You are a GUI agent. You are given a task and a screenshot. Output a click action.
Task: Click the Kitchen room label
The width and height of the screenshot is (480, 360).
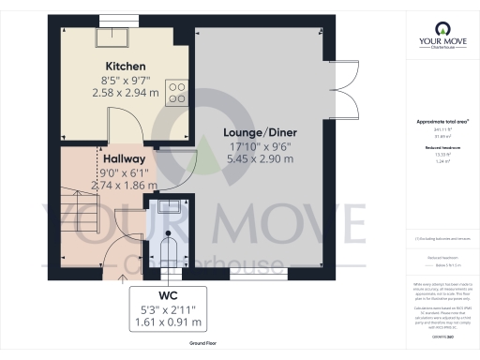pos(124,67)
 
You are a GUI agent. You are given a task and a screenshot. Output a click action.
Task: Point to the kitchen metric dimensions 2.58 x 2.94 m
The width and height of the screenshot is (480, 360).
pos(124,93)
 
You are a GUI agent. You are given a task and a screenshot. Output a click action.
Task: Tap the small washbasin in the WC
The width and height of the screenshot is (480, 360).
pos(170,208)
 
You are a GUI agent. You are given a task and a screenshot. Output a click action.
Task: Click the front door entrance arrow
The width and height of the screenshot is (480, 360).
pos(121,277)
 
